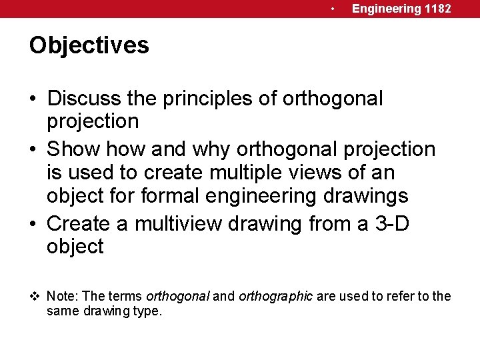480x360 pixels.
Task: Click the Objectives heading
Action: tap(89, 46)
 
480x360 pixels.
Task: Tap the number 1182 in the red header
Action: tap(438, 9)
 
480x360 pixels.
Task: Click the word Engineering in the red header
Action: tap(387, 9)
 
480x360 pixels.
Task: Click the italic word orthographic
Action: tap(275, 297)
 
